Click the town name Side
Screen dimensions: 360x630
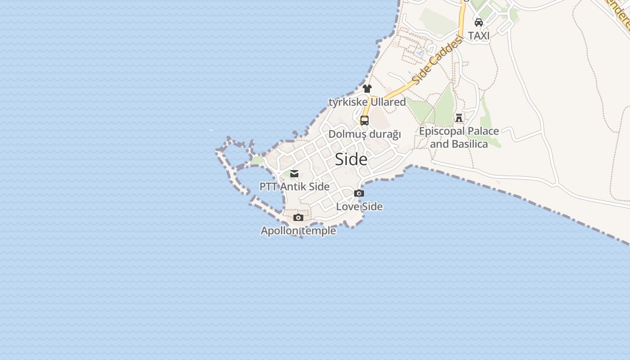351,159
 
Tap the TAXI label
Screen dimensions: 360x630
479,36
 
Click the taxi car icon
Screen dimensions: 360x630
479,22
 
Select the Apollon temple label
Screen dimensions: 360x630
298,231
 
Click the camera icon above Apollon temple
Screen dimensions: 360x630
298,218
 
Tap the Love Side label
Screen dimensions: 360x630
359,207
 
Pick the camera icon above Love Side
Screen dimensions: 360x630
359,193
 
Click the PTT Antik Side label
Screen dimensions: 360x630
294,186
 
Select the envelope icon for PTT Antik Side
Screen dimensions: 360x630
294,174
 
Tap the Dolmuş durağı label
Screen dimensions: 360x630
364,134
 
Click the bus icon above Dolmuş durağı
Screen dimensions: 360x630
364,121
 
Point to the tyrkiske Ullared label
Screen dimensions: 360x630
367,102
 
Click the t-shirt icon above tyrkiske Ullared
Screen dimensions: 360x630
367,89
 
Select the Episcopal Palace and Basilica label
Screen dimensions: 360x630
459,137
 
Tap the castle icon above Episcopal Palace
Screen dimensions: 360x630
459,118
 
